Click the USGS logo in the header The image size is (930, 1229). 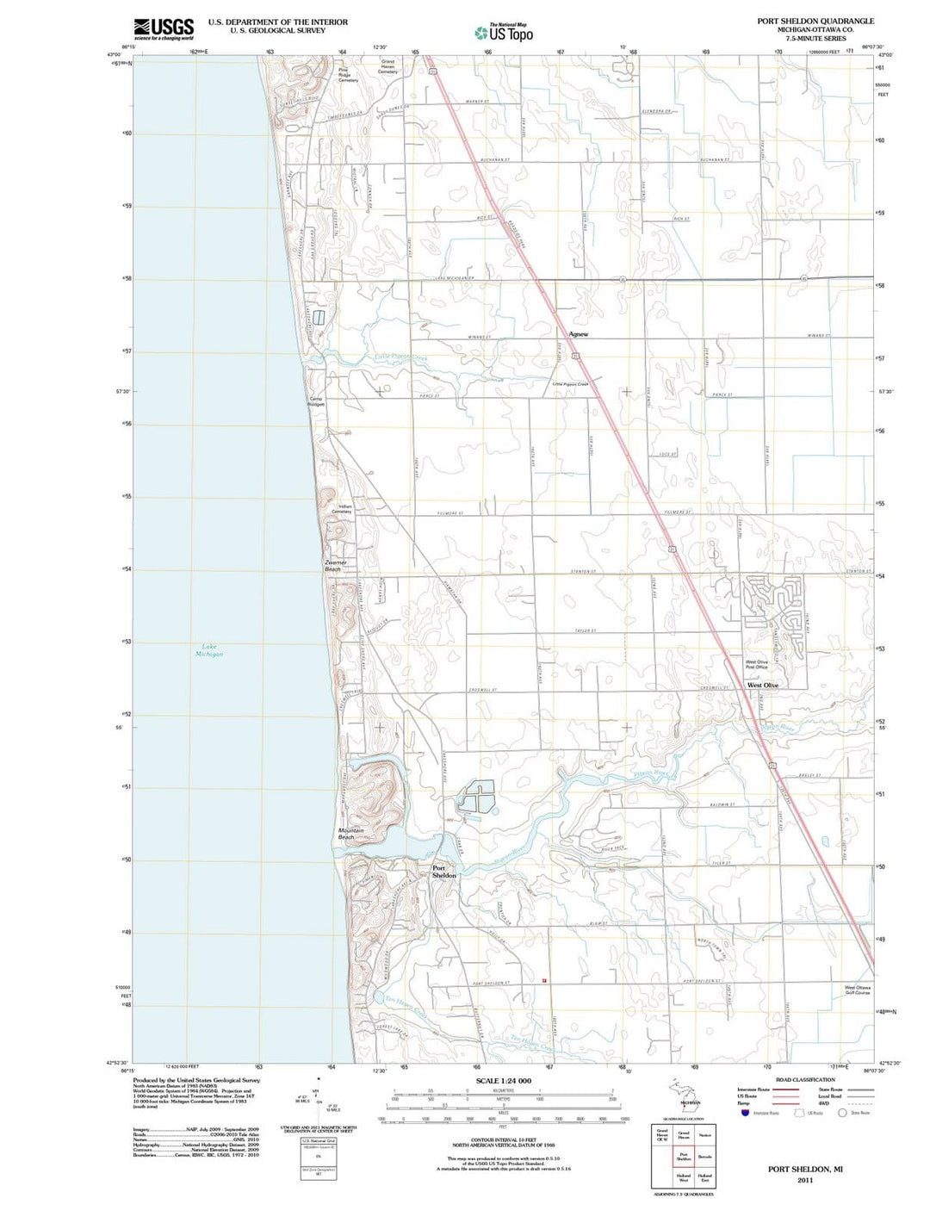click(164, 28)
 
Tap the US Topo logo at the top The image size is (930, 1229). click(504, 33)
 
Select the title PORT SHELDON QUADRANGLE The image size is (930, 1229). click(815, 21)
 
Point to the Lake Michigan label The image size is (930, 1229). click(208, 650)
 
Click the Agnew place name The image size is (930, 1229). click(578, 333)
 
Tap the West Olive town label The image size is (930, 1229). click(762, 685)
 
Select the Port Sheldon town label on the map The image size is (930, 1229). click(443, 871)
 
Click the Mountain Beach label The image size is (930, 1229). click(350, 834)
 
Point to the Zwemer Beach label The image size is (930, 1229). click(333, 566)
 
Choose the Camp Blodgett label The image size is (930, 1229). click(317, 401)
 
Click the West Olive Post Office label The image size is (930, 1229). click(756, 664)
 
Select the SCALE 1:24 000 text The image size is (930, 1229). click(503, 1081)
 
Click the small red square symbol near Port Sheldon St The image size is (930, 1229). click(545, 980)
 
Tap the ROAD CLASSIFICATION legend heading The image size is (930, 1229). click(804, 1079)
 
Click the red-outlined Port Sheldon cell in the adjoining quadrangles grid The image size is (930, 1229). click(683, 1157)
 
